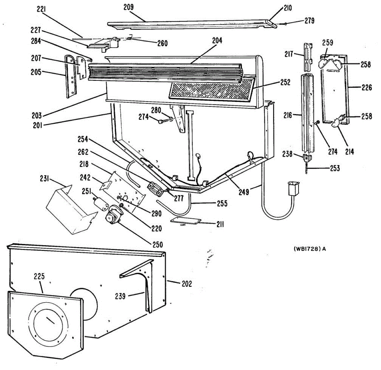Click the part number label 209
(128, 7)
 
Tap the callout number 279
(309, 21)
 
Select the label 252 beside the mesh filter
(285, 82)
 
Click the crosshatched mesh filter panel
(210, 90)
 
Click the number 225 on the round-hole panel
(39, 276)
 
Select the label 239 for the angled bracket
(120, 296)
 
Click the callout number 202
(187, 284)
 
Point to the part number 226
(366, 87)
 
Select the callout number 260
(162, 43)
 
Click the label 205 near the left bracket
(36, 72)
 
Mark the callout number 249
(244, 192)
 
